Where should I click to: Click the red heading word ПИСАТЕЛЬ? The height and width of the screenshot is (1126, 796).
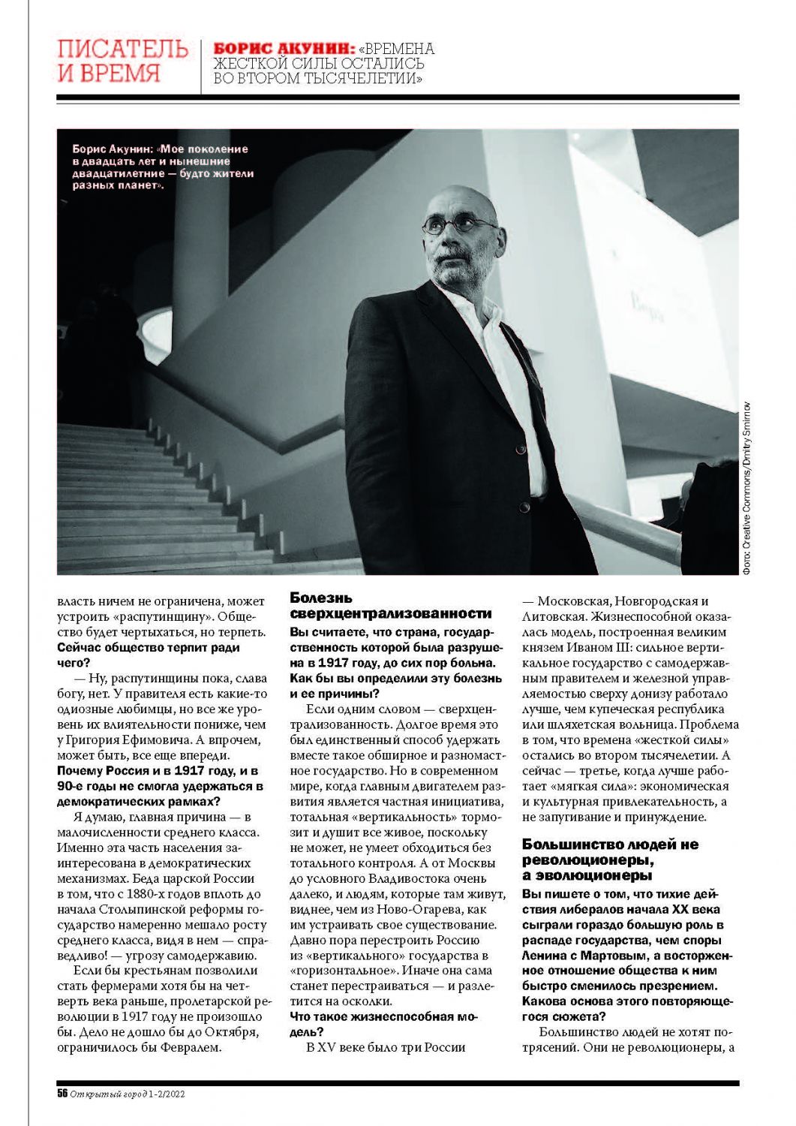tap(122, 50)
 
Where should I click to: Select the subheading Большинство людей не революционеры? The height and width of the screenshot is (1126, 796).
tap(610, 860)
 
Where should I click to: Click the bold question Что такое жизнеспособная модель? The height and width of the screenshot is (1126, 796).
tap(383, 1024)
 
